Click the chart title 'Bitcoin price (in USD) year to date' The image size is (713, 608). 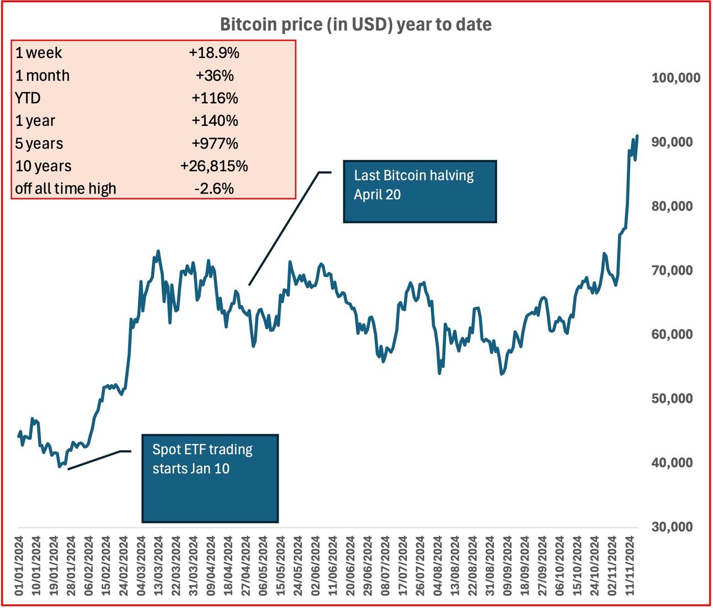coord(356,25)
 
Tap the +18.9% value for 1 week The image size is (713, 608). coord(214,53)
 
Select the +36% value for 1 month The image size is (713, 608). coord(214,76)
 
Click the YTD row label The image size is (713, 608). coord(28,98)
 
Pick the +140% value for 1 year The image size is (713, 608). coord(215,121)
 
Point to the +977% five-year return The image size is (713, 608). coord(215,143)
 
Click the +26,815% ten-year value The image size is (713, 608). coord(214,166)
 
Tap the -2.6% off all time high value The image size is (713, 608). coord(214,189)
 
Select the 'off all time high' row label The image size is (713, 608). coord(66,189)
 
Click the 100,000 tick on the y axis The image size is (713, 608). coord(675,78)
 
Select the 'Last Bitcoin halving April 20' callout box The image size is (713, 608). coord(419,191)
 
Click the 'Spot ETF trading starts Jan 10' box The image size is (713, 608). coord(210,478)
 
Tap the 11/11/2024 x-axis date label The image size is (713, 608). coord(631,566)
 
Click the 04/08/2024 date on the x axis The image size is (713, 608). coord(438,566)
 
